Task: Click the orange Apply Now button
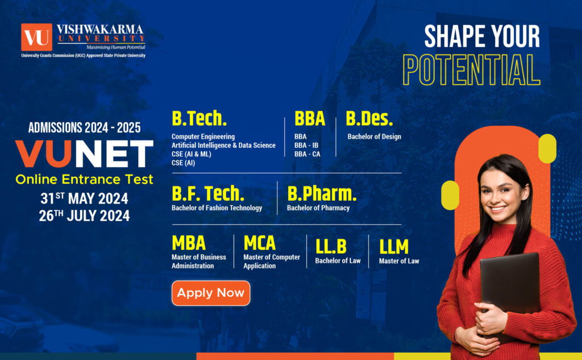(210, 293)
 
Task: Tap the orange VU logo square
(36, 37)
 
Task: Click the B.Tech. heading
(199, 119)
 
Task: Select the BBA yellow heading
(310, 119)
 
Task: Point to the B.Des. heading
(369, 119)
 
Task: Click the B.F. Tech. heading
(208, 194)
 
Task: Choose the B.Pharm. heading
(322, 194)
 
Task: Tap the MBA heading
(189, 243)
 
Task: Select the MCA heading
(260, 243)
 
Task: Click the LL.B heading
(331, 246)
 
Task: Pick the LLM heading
(394, 246)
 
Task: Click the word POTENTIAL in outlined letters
(471, 70)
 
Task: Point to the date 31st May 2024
(84, 198)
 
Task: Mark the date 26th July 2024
(84, 216)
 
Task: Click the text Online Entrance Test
(84, 180)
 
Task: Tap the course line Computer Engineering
(203, 136)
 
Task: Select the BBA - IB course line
(306, 145)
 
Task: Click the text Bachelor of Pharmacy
(318, 208)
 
